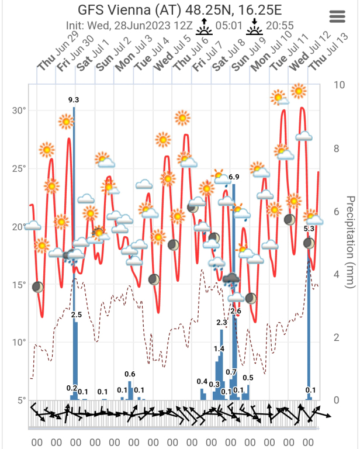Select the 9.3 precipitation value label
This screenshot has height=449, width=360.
pyautogui.click(x=74, y=100)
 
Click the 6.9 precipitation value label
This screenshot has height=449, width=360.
pyautogui.click(x=234, y=177)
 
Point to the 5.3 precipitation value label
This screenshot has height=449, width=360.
pyautogui.click(x=309, y=229)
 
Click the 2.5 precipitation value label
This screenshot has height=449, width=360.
pyautogui.click(x=76, y=315)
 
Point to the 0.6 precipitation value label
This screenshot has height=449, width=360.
pyautogui.click(x=130, y=374)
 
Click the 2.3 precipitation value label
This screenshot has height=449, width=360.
pyautogui.click(x=221, y=322)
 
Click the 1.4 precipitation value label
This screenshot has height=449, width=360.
pyautogui.click(x=219, y=349)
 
